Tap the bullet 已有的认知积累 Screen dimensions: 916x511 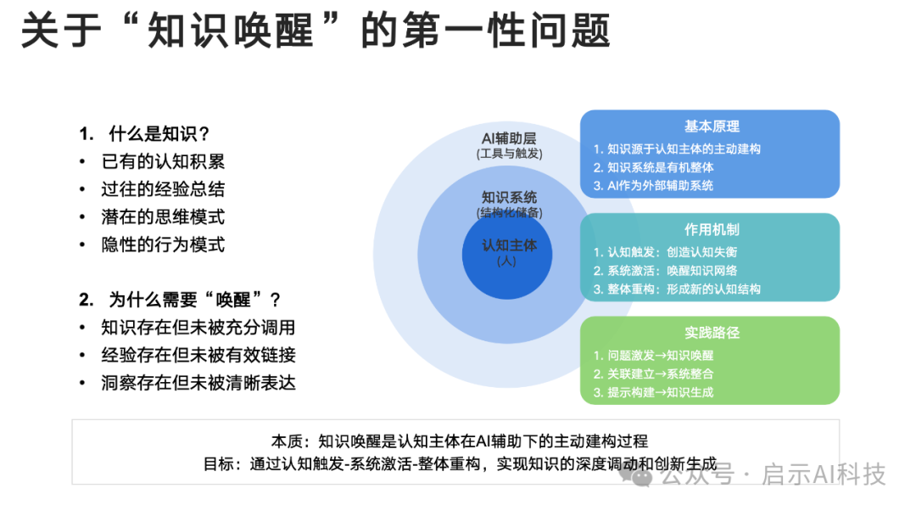163,161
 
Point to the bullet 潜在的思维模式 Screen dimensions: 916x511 163,216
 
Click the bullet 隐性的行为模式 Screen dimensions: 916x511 163,244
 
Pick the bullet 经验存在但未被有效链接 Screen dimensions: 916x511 198,355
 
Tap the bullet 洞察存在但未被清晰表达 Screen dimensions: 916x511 198,383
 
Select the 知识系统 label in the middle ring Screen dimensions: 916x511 509,197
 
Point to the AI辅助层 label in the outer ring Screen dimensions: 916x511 509,138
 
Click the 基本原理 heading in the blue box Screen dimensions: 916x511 712,126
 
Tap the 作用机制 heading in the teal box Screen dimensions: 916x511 712,229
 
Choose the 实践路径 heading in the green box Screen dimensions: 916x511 712,333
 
